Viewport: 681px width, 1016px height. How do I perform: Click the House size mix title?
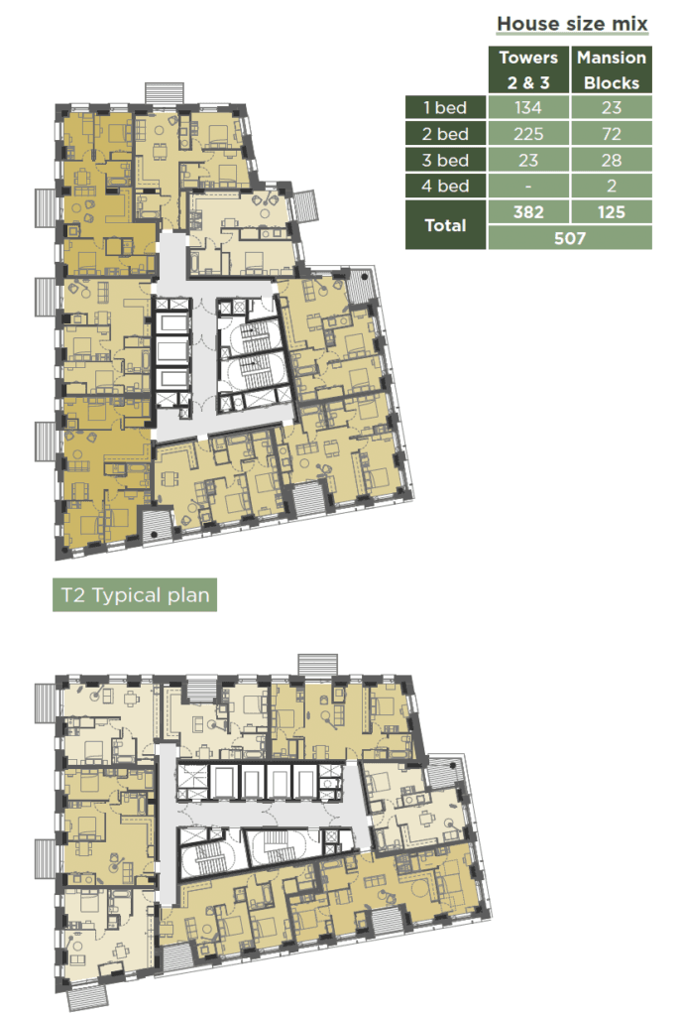click(x=572, y=24)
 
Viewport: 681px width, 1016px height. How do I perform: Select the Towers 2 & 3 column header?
click(x=528, y=69)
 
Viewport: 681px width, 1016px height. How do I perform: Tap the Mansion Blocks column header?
click(x=611, y=69)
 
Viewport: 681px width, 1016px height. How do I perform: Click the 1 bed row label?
click(x=445, y=107)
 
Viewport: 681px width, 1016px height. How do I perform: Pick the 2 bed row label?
click(x=445, y=134)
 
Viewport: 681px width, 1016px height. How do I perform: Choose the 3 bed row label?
click(x=445, y=160)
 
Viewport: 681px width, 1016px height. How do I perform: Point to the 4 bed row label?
click(x=445, y=186)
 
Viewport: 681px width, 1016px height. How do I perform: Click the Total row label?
click(x=445, y=225)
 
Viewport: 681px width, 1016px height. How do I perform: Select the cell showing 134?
click(x=528, y=107)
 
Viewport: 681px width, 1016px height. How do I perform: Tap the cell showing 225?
click(x=528, y=134)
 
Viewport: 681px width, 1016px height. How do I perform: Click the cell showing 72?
click(x=611, y=134)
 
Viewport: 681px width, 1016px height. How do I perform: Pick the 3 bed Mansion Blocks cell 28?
click(x=611, y=160)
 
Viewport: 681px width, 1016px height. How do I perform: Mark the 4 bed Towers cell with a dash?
click(x=528, y=186)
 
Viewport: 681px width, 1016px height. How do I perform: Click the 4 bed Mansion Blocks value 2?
click(x=611, y=186)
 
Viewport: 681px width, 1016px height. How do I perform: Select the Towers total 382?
click(x=528, y=212)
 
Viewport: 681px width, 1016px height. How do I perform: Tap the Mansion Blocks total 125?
click(x=611, y=212)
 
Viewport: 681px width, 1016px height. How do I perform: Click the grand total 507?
click(x=570, y=238)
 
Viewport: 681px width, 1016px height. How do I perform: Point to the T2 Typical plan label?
click(x=135, y=595)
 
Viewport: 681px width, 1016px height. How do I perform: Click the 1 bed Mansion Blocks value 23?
click(x=611, y=107)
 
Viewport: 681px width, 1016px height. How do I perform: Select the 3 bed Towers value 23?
click(x=528, y=160)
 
